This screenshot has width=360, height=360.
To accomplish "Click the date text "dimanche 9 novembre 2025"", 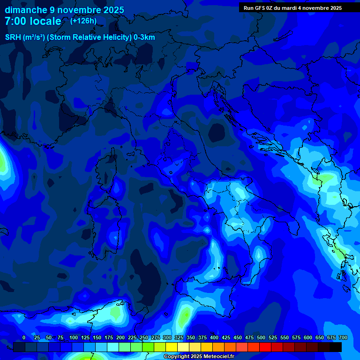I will [x=64, y=10].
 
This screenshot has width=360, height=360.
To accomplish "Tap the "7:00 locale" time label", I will [x=33, y=21].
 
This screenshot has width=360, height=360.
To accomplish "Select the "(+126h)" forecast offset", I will [x=83, y=21].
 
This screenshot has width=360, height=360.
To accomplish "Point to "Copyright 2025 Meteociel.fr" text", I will [x=199, y=356].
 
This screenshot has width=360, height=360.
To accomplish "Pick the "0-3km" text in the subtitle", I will [x=144, y=37].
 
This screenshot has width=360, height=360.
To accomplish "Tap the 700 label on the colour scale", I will [x=343, y=337].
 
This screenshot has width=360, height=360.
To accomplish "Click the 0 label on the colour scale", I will [x=24, y=337].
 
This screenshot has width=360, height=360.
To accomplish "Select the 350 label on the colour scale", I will [x=191, y=337].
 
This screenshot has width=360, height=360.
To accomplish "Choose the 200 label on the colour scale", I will [x=120, y=337].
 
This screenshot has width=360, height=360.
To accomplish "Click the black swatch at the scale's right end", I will [x=336, y=347].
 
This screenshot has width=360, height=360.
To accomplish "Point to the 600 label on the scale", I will [x=308, y=337].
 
